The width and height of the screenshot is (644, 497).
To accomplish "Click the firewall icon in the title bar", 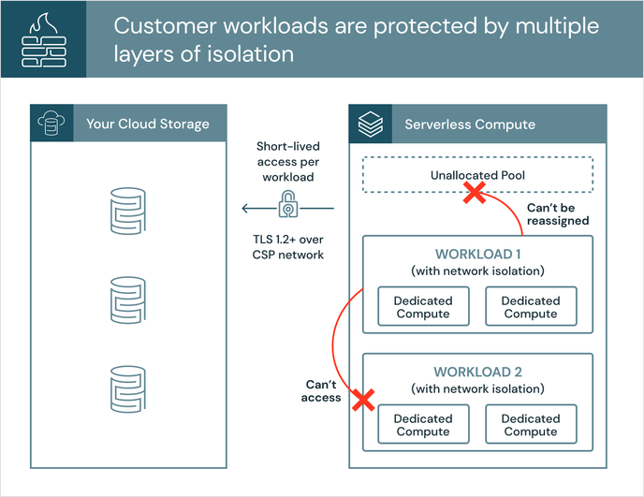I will pyautogui.click(x=43, y=38).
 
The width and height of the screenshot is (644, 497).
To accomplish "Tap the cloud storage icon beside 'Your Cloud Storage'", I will pyautogui.click(x=51, y=124).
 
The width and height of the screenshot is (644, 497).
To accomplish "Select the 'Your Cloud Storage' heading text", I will pyautogui.click(x=148, y=124).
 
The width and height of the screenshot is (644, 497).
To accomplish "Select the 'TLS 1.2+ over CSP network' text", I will pyautogui.click(x=289, y=246).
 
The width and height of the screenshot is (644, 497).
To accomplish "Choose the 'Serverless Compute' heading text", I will pyautogui.click(x=470, y=124).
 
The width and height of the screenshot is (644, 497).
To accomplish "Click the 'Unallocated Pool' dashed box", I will pyautogui.click(x=477, y=175).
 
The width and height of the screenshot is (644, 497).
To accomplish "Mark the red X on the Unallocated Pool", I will pyautogui.click(x=475, y=193).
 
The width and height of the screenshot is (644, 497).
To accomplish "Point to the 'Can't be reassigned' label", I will pyautogui.click(x=558, y=213).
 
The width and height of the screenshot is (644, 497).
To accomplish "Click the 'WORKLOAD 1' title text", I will pyautogui.click(x=477, y=255).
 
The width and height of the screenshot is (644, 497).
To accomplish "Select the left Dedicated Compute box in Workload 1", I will pyautogui.click(x=423, y=307).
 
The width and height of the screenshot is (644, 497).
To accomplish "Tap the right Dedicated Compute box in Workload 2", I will pyautogui.click(x=531, y=425).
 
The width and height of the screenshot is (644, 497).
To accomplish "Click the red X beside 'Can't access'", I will pyautogui.click(x=361, y=401).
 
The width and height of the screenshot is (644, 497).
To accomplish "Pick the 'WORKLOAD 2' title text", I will pyautogui.click(x=477, y=372).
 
